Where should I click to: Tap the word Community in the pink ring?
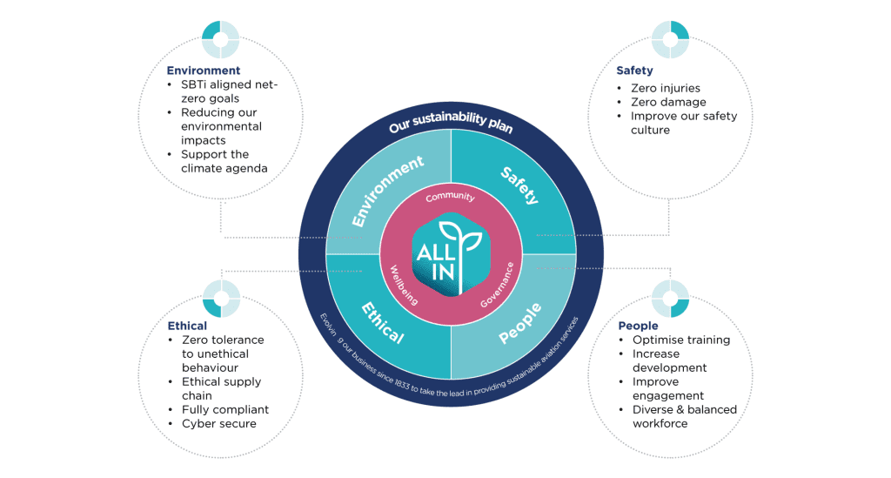coord(450,197)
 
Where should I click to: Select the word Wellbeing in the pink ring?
coord(404,286)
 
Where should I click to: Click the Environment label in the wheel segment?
coord(387,191)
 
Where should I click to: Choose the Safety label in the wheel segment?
coord(519,185)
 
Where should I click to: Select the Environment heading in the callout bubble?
coord(204,71)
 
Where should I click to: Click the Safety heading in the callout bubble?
coord(634,71)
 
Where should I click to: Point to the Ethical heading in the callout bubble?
coord(187,326)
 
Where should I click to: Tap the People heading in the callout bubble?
coord(638,326)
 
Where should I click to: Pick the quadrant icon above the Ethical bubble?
coord(221,300)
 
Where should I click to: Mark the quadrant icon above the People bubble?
coord(671,300)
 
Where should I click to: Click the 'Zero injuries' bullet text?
coord(666,88)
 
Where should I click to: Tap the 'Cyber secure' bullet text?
coord(218,424)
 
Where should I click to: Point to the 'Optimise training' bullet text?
coord(680,340)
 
